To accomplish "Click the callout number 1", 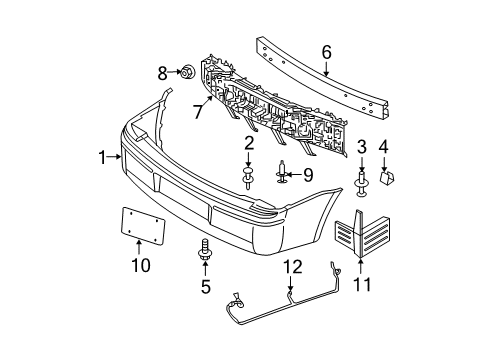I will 102,156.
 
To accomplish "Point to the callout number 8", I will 161,72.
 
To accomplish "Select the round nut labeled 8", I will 186,72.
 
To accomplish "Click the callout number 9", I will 308,173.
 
